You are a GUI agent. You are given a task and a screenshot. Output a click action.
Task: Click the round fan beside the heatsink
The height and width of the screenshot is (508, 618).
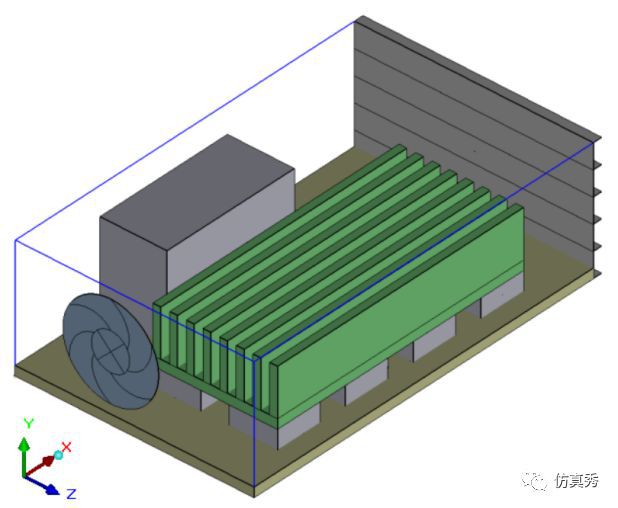[111, 351]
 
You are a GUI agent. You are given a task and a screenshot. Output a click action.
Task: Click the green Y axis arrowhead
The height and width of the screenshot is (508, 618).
[25, 444]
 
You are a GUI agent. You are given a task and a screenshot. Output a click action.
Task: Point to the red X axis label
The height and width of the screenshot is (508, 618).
[67, 447]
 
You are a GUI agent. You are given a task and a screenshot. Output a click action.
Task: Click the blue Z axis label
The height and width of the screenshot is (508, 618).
[71, 494]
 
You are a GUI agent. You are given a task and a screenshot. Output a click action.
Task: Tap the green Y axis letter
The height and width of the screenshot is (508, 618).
[29, 423]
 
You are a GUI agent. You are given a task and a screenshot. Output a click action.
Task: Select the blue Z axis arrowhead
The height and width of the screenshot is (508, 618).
[52, 489]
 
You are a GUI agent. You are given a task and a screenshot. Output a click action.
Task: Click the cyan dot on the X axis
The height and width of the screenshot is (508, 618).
[58, 455]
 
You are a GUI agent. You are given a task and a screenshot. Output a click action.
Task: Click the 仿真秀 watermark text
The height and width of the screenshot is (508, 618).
[577, 480]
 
